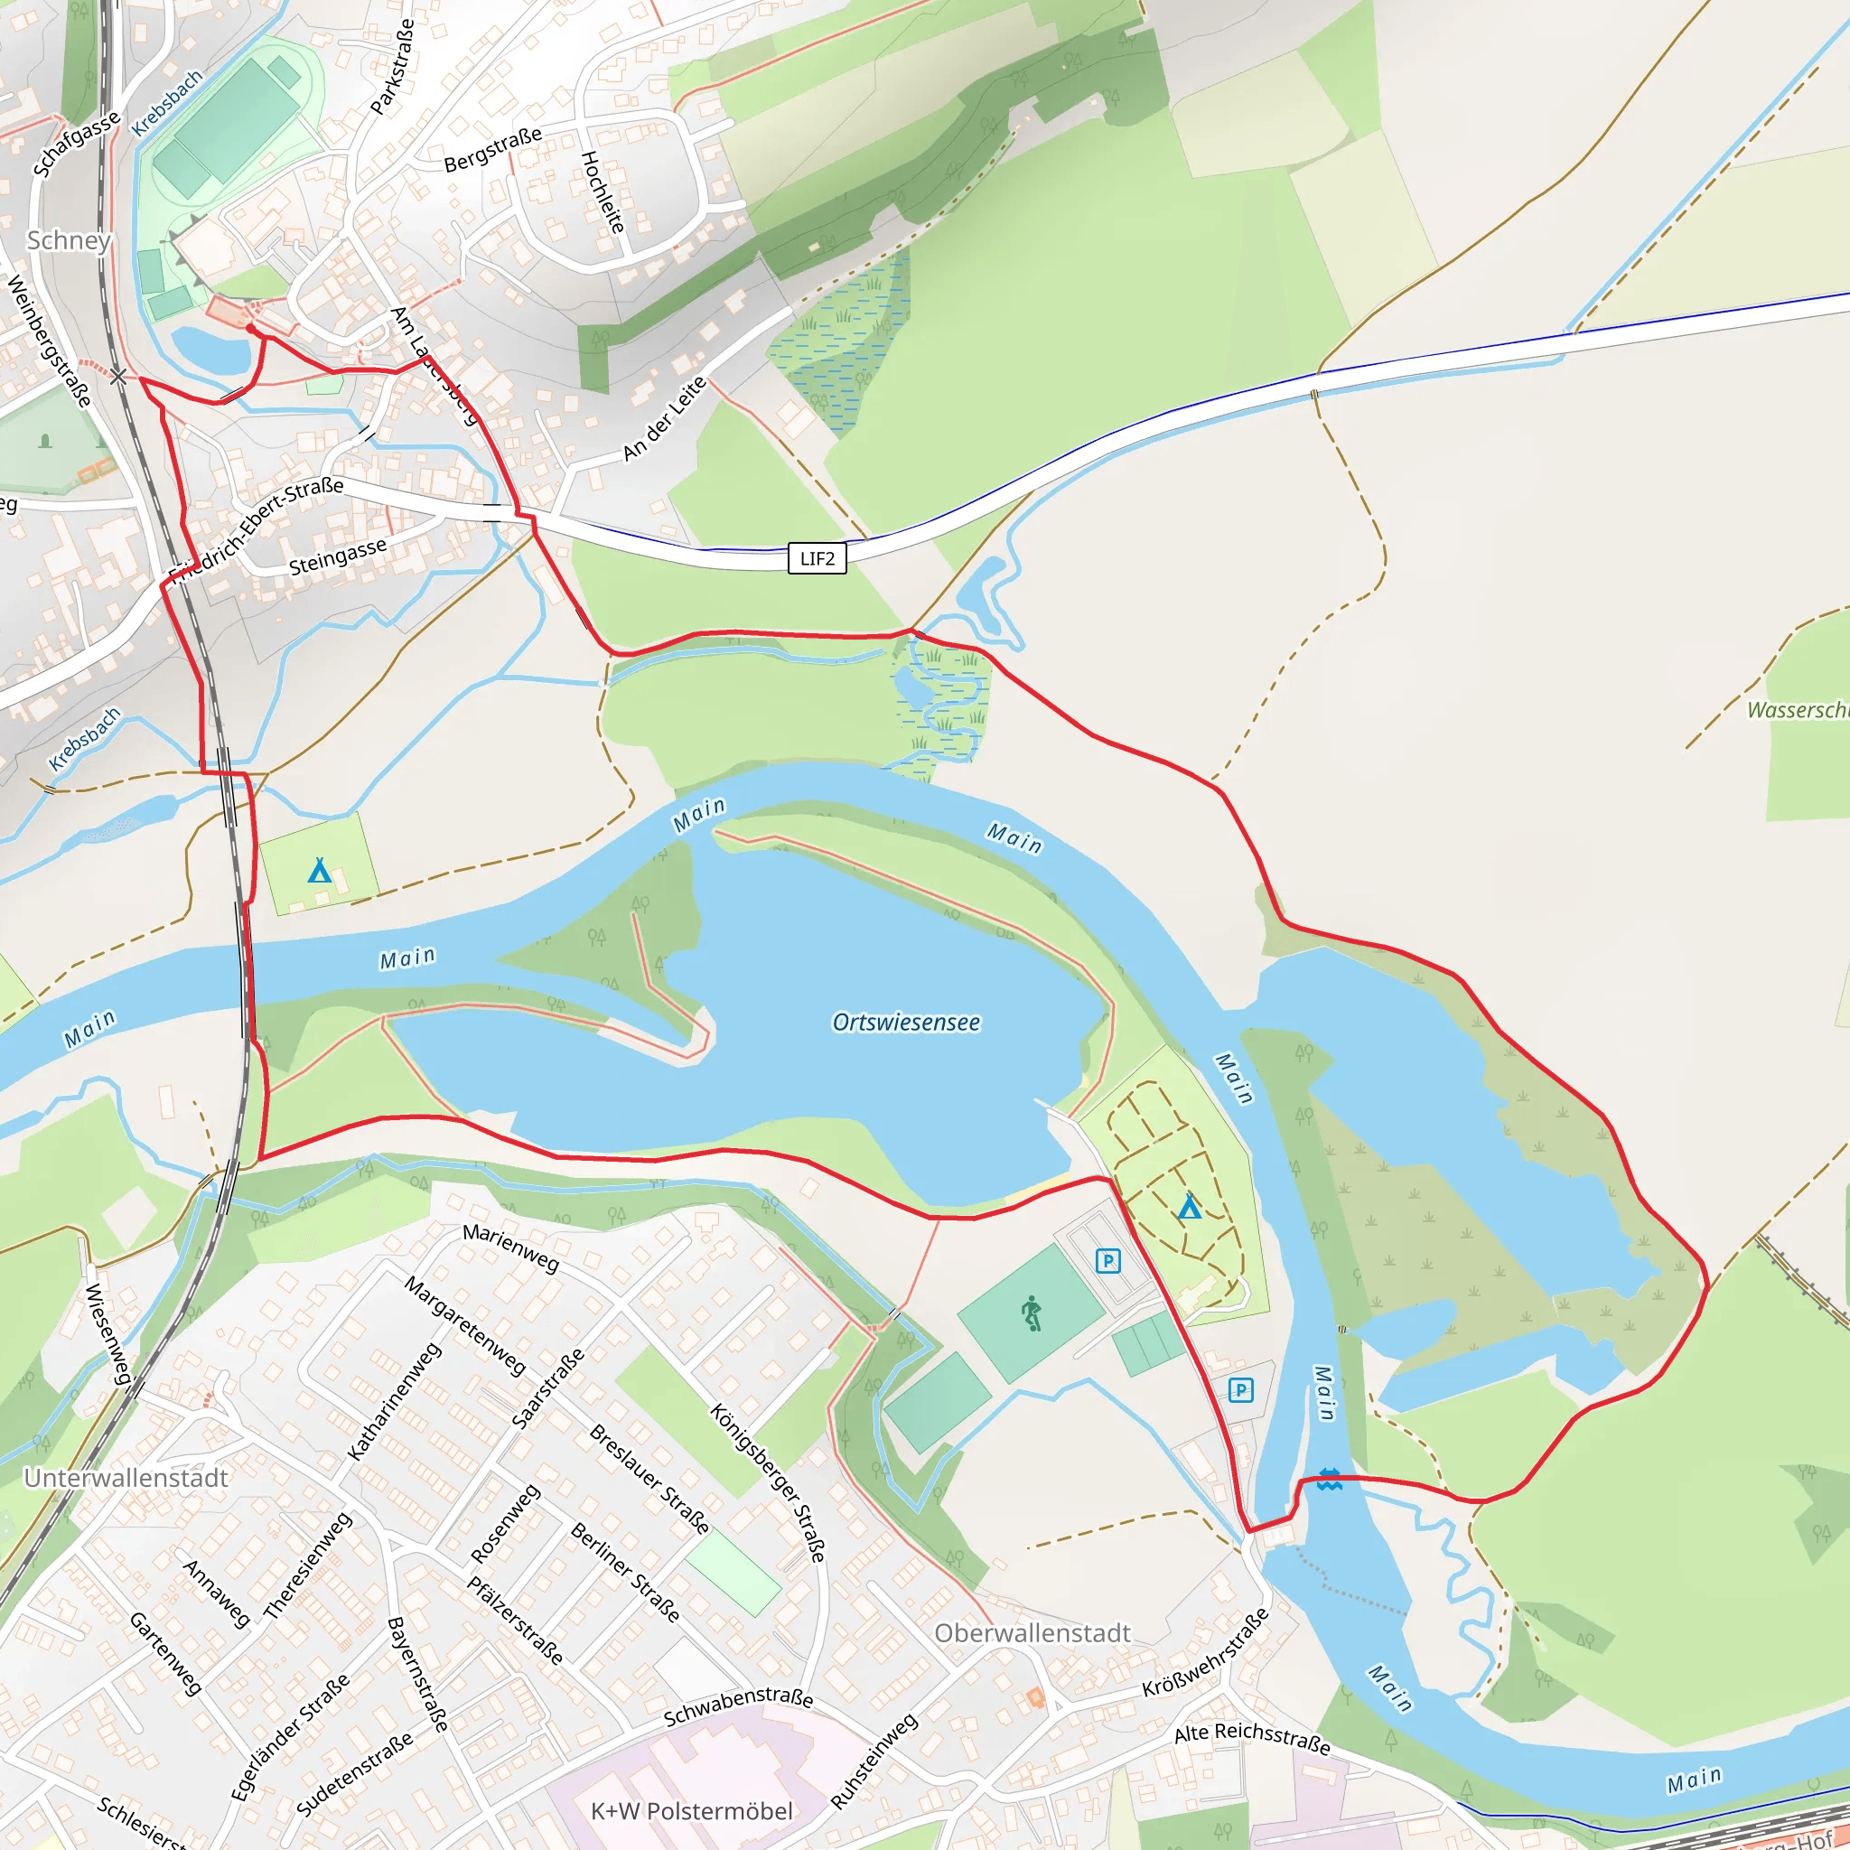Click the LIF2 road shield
817,558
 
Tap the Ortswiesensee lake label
906,1023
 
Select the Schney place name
69,240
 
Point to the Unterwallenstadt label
126,1478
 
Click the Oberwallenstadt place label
1032,1632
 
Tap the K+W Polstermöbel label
691,1811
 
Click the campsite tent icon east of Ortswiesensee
1190,1207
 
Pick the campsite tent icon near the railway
319,871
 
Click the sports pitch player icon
1031,1313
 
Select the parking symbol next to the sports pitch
1107,1261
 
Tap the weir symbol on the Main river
1329,1480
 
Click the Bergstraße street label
492,150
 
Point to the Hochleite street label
603,192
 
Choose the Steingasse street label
338,556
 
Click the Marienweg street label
510,1247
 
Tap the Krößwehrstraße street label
1206,1654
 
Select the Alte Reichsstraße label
1251,1738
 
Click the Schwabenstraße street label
738,1706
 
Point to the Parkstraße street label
393,67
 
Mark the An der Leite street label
665,417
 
